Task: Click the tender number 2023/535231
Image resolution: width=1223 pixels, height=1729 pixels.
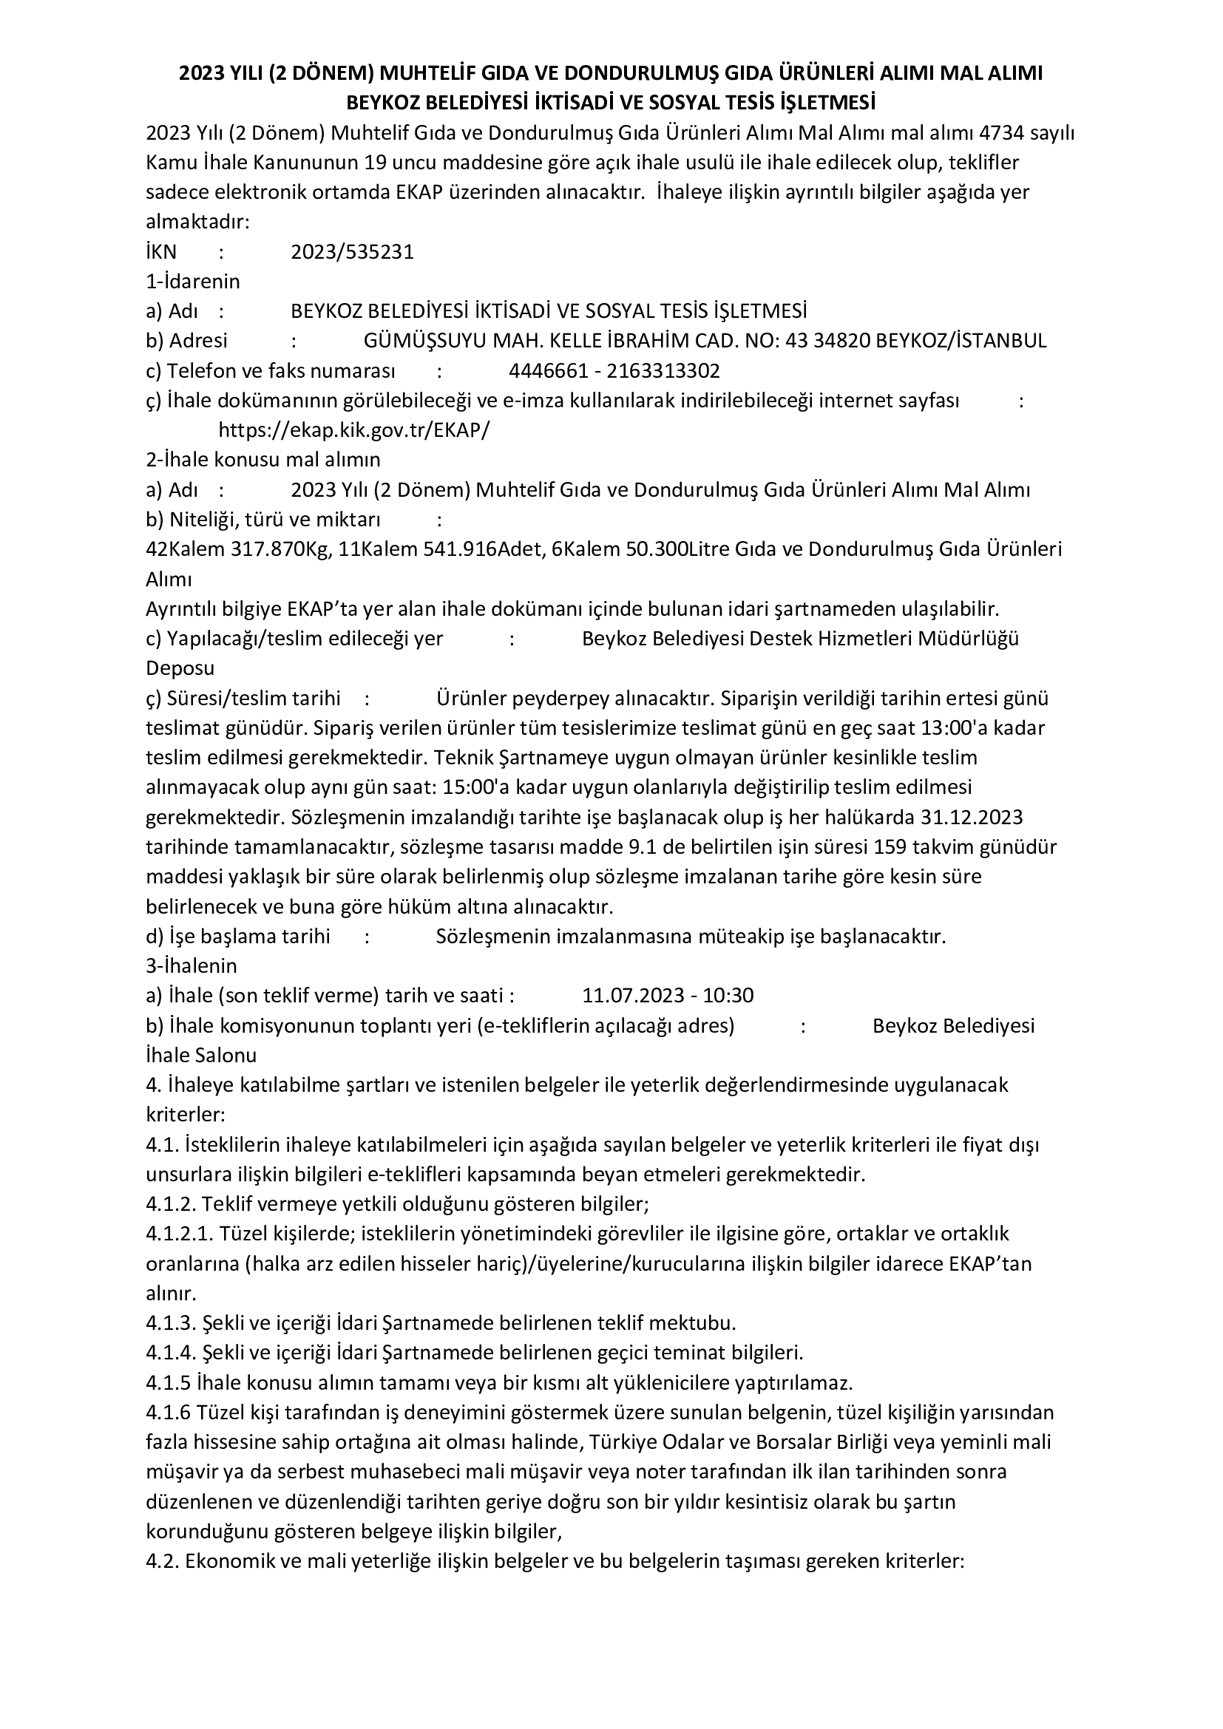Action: click(353, 251)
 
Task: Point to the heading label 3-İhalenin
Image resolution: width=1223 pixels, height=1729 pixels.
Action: click(192, 966)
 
